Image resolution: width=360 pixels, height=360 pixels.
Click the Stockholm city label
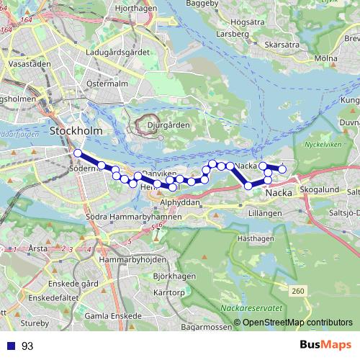point(76,130)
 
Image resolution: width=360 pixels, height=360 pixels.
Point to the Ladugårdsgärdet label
point(116,53)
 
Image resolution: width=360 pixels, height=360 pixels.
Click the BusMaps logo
point(328,345)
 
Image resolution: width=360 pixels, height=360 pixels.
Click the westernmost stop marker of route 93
point(77,153)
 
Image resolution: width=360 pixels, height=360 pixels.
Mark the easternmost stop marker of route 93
point(283,170)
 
